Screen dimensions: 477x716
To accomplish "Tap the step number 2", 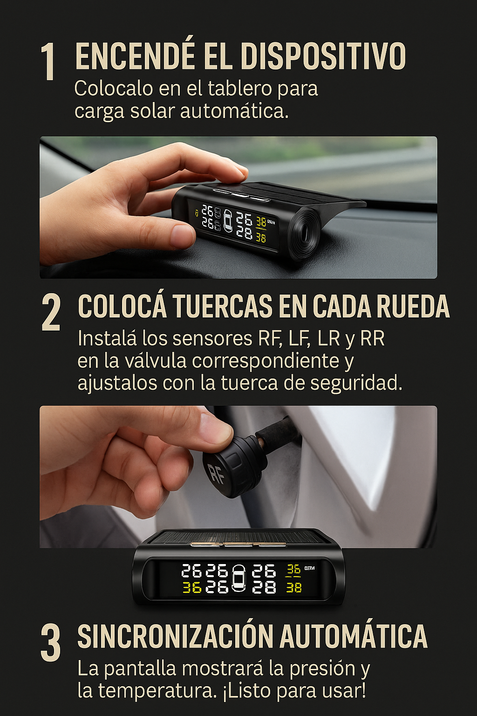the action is pos(51,313).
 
